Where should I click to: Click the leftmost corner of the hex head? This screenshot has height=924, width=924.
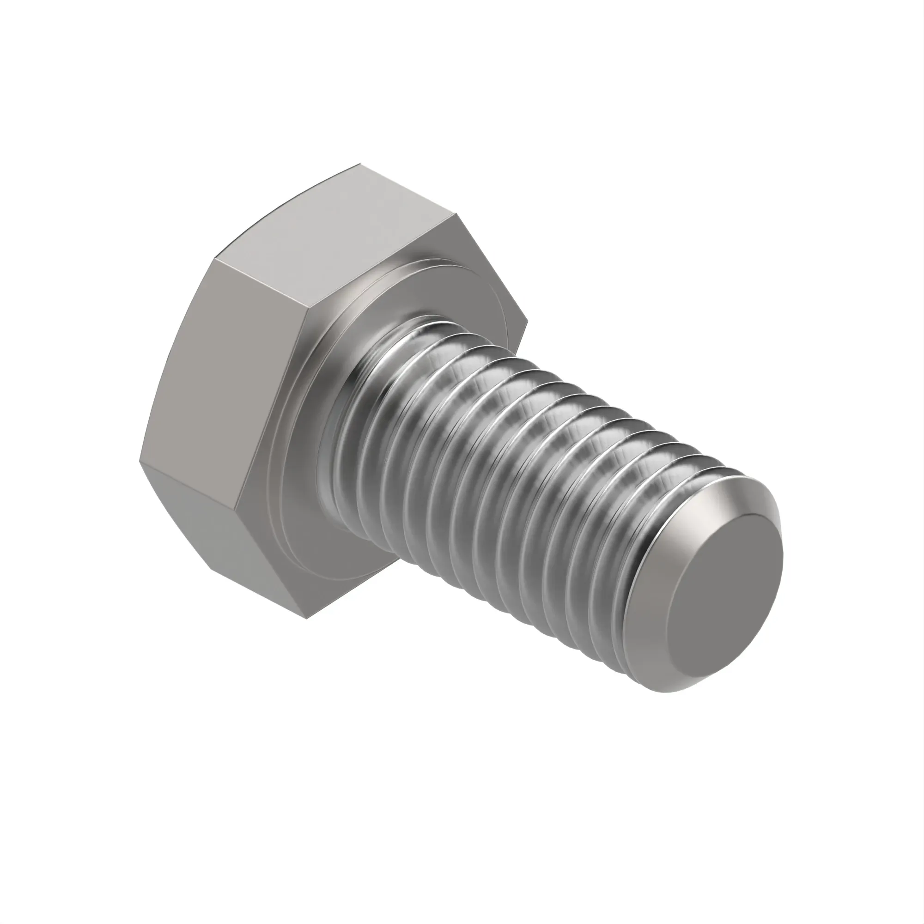[140, 462]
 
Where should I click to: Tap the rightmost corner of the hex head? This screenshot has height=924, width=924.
[528, 319]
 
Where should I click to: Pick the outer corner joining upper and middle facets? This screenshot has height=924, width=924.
[215, 259]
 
